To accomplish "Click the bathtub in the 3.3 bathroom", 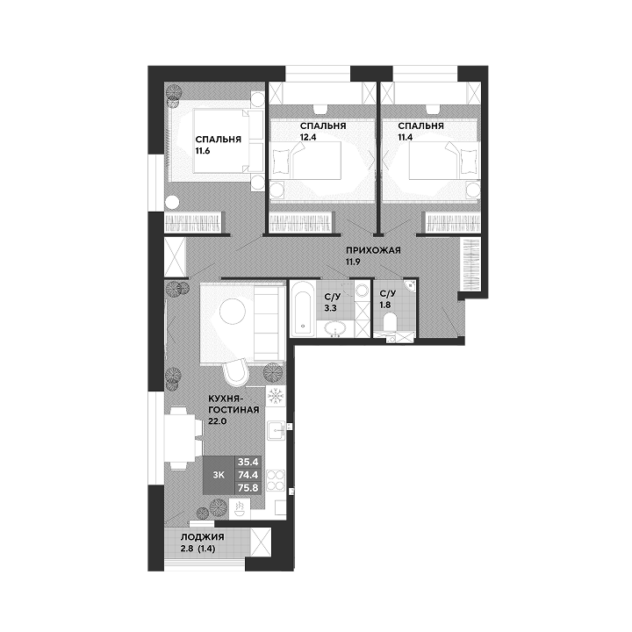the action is [x=302, y=309].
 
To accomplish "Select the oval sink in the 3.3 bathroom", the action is [x=335, y=328].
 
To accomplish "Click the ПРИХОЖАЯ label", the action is [x=374, y=250].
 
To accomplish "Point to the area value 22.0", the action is [x=218, y=421].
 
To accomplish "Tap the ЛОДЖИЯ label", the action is [x=203, y=537].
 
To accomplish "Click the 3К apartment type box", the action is [x=219, y=475].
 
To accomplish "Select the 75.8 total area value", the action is [x=248, y=487].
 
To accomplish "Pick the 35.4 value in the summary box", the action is [x=248, y=462].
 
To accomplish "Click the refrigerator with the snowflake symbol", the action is [x=276, y=396].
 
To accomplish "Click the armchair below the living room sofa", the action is [x=237, y=373].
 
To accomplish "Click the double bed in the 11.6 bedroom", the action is [x=223, y=141].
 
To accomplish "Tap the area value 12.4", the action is [x=308, y=137].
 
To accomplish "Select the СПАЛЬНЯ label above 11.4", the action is [x=420, y=126].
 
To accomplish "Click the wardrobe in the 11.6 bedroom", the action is [x=195, y=222].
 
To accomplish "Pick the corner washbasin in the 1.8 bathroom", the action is [x=410, y=284].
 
